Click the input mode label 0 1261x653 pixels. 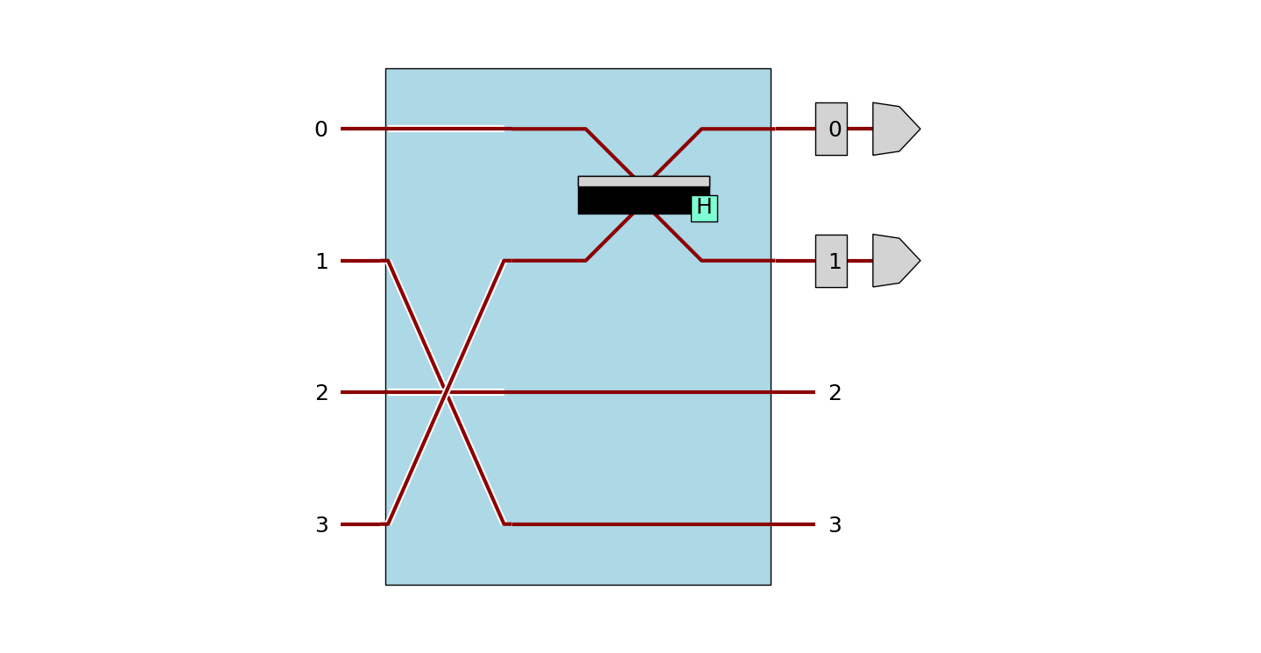click(321, 130)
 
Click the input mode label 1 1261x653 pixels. click(321, 262)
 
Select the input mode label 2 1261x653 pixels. click(321, 393)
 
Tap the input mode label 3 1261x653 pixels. click(321, 525)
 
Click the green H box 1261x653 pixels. click(704, 208)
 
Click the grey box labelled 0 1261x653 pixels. click(831, 130)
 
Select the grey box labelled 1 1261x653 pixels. click(831, 261)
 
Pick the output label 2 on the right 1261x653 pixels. click(835, 393)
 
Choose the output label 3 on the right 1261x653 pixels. click(835, 525)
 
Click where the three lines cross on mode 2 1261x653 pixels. click(447, 391)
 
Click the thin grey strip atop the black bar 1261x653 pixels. click(644, 181)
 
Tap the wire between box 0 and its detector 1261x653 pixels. click(860, 129)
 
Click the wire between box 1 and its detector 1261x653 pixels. click(860, 261)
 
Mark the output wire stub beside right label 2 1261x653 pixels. click(793, 392)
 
